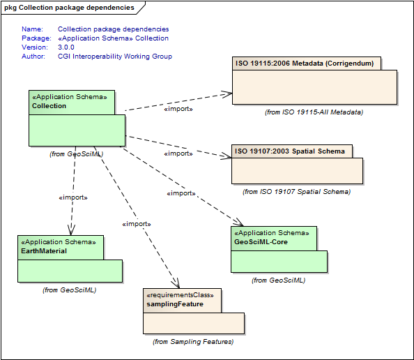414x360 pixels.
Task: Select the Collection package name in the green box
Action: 49,106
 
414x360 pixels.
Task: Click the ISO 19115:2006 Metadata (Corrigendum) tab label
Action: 304,63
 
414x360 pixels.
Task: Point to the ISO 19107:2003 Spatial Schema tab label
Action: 289,151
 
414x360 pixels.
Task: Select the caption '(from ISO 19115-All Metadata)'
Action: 314,112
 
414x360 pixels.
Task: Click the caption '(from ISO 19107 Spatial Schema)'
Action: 296,191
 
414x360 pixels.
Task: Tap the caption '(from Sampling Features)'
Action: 193,341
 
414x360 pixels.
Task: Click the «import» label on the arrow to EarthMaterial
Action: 72,197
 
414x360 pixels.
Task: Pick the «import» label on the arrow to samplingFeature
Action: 137,224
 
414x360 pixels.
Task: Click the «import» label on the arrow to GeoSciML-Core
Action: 181,193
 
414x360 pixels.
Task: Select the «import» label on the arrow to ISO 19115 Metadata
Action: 178,109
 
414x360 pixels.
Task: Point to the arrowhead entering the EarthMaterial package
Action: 70,233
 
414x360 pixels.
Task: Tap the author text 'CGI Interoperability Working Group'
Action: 115,57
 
